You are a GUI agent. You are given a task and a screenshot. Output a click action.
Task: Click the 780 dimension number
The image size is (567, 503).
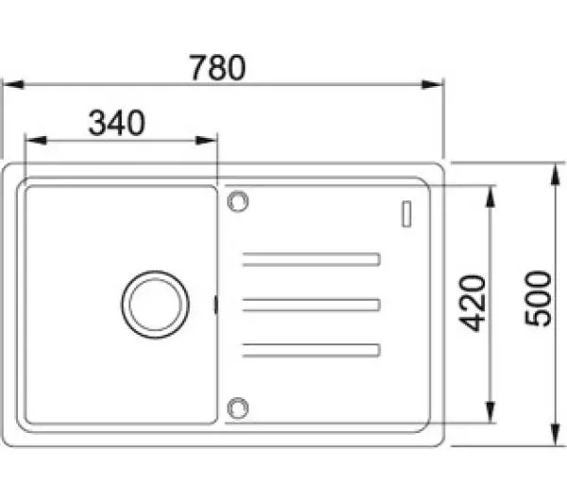(x=217, y=67)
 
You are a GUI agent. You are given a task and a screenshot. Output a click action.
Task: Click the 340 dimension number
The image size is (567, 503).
(x=117, y=123)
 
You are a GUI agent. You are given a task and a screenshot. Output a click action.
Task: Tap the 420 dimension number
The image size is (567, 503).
(x=472, y=304)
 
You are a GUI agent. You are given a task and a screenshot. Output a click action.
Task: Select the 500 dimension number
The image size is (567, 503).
(x=538, y=298)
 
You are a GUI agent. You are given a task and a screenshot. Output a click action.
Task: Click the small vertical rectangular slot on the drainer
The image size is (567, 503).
(x=406, y=214)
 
